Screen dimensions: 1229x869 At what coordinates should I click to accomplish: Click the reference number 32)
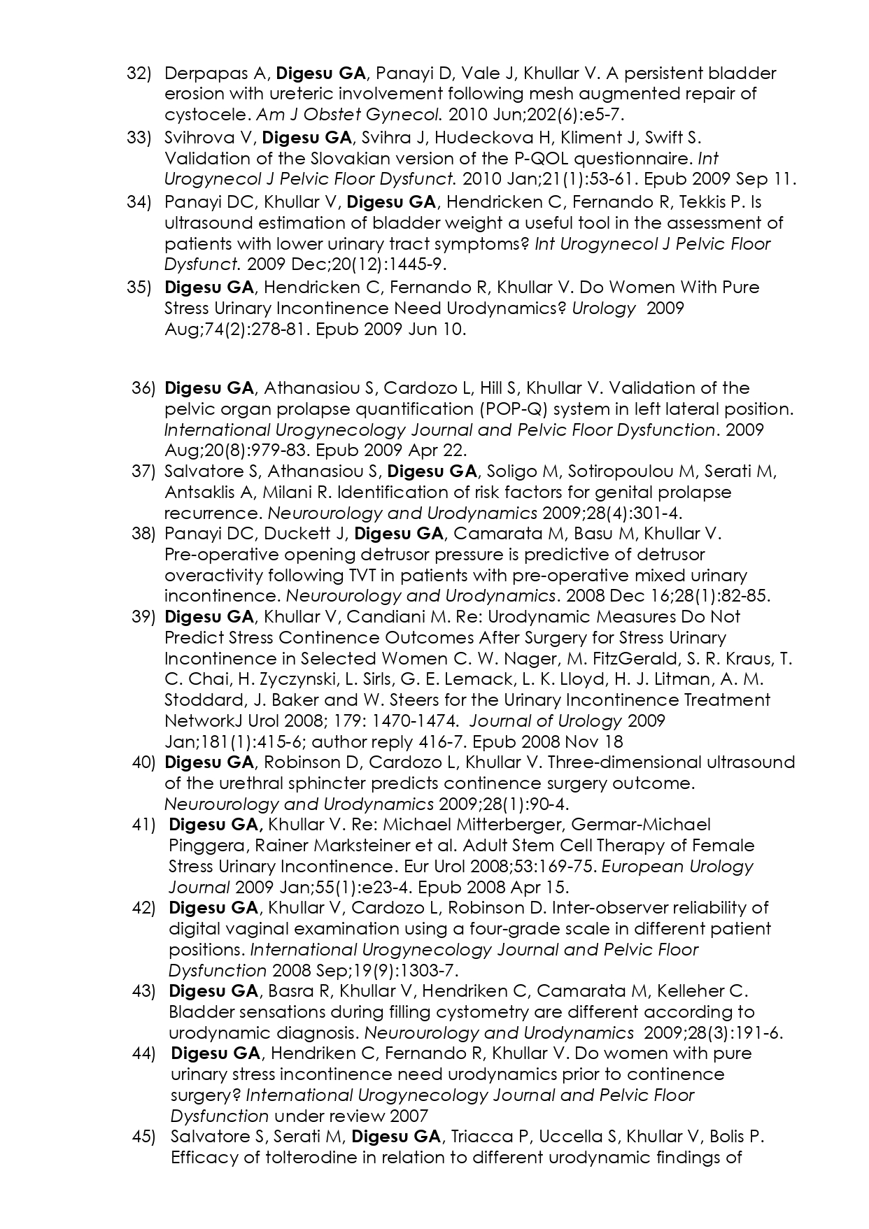click(x=139, y=73)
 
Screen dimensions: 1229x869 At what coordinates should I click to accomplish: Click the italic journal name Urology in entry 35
click(x=604, y=308)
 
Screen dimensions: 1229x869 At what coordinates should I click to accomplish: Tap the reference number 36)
click(x=143, y=388)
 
